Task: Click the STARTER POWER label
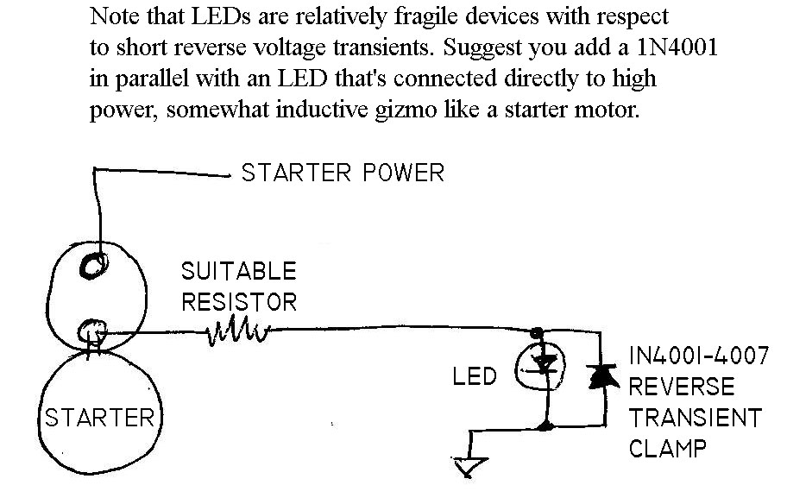(342, 173)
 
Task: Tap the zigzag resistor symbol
(239, 331)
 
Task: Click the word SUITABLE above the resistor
(238, 272)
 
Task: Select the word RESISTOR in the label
(238, 302)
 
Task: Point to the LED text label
(475, 377)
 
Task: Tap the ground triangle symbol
(469, 467)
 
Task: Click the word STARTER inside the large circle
(98, 419)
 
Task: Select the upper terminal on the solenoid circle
(91, 268)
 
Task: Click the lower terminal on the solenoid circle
(91, 330)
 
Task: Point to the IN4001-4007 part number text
(697, 356)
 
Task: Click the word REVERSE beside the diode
(681, 387)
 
